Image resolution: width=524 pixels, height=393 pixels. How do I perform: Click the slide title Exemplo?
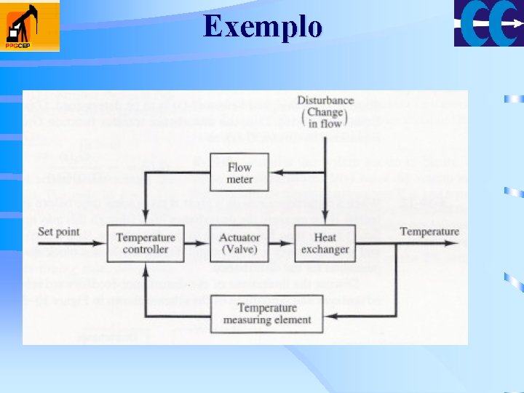click(263, 27)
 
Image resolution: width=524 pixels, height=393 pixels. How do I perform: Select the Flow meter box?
click(239, 173)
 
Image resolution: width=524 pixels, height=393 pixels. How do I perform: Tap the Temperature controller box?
click(146, 243)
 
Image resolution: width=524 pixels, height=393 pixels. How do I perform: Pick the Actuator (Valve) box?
click(239, 243)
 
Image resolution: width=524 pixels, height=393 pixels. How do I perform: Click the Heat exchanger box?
click(325, 243)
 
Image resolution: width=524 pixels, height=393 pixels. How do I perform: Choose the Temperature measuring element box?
click(267, 314)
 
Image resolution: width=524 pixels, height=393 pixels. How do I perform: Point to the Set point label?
click(59, 232)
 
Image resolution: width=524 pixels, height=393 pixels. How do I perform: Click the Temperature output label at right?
click(429, 232)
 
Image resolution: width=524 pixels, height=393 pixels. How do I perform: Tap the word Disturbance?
click(325, 100)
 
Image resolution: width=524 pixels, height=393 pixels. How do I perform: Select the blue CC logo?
click(488, 23)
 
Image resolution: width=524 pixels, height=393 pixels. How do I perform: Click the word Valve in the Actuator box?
click(239, 250)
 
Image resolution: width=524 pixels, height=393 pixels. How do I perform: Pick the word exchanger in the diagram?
click(325, 250)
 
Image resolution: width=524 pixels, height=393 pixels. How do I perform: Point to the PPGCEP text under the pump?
click(17, 45)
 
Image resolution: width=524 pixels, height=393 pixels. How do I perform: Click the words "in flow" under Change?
click(325, 124)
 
